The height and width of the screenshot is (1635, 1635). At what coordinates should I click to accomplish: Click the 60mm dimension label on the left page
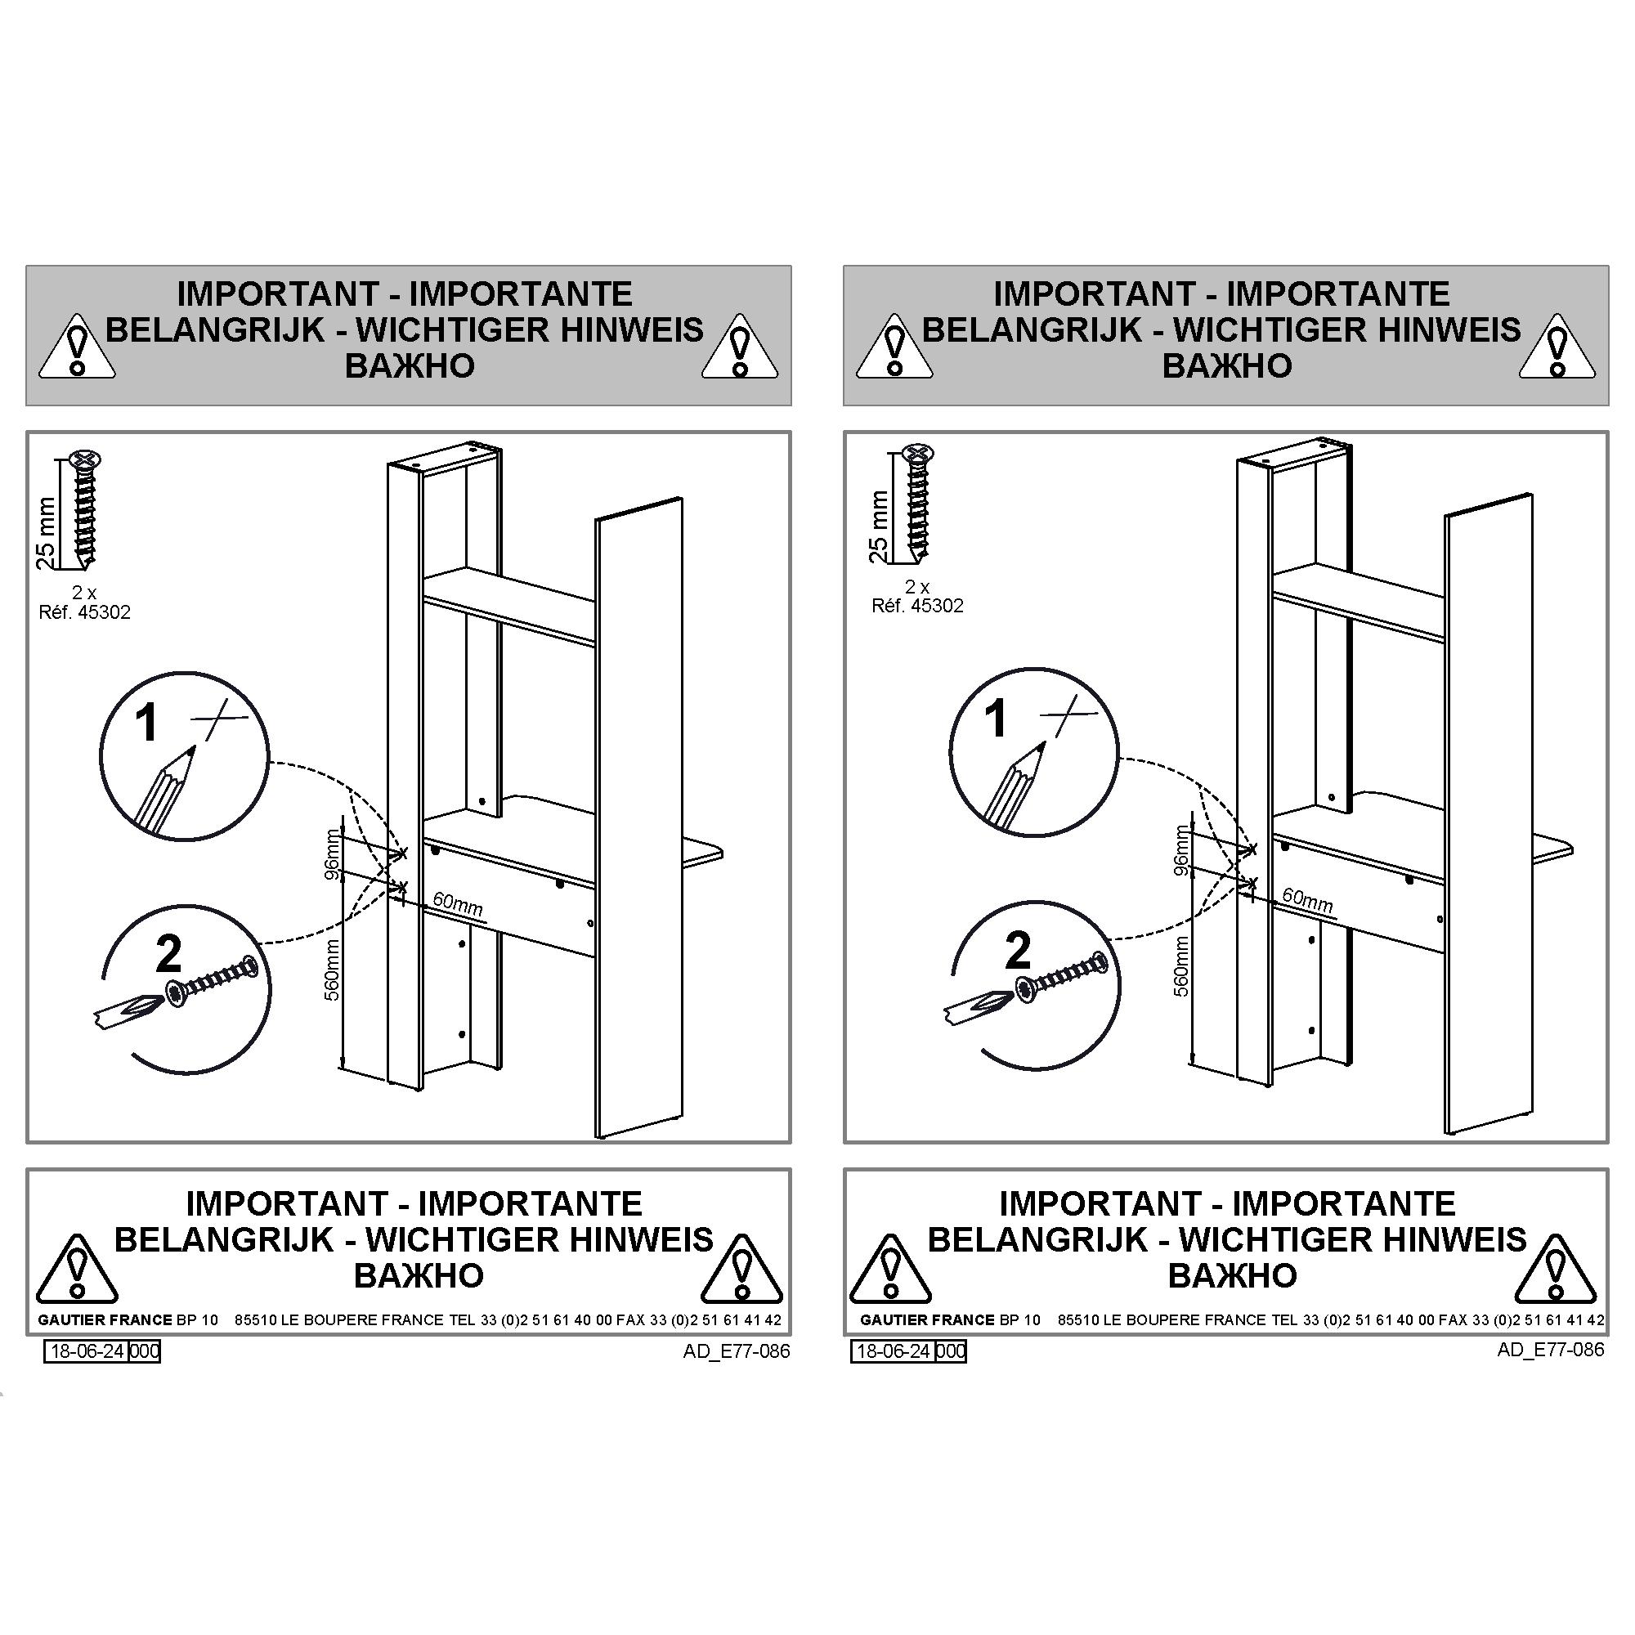(458, 904)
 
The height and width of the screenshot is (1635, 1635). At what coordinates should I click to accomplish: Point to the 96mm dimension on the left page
(333, 856)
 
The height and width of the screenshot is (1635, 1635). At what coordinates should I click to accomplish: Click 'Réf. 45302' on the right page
(917, 606)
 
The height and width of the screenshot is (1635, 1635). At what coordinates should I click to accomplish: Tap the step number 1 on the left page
(146, 723)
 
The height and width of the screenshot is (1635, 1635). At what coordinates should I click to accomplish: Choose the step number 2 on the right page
(1017, 951)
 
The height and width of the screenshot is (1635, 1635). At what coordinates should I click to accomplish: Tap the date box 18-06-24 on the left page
(87, 1351)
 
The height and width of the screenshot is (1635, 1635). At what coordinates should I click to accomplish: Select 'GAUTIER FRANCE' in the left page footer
(105, 1320)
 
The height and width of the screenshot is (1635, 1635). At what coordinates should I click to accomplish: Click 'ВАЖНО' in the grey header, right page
(1226, 365)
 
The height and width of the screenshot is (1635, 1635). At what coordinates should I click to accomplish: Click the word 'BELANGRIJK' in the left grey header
(215, 329)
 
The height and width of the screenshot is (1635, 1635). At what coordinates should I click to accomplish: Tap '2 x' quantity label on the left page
(83, 594)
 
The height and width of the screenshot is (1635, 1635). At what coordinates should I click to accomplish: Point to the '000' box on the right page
(952, 1351)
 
